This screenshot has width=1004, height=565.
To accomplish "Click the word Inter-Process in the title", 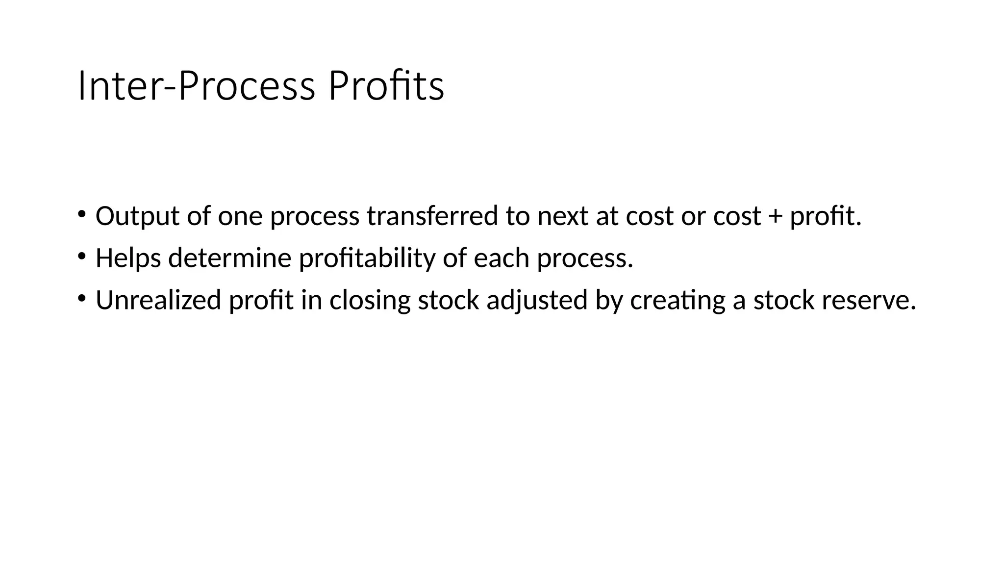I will click(196, 86).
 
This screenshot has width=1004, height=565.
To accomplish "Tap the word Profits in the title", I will click(386, 86).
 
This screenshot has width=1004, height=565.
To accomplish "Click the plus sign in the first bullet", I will click(775, 216).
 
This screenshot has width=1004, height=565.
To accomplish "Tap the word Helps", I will click(128, 258).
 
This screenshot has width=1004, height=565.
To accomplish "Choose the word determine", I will click(230, 258).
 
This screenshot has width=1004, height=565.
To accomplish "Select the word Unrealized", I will click(158, 300).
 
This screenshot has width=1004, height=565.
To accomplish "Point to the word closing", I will click(370, 300).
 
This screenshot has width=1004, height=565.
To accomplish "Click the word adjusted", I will click(537, 300).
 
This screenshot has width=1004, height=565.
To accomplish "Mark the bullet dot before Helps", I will click(81, 256).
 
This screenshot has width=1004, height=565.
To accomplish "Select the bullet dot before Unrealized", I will click(81, 298).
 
